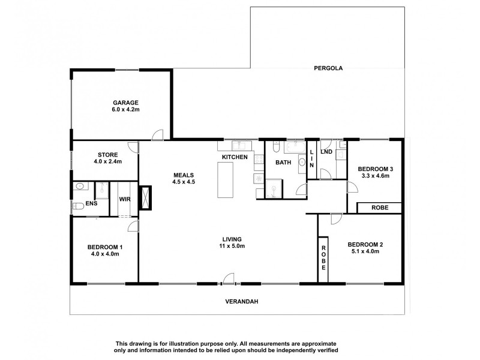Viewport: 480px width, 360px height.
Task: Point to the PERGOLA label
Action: [x=328, y=68]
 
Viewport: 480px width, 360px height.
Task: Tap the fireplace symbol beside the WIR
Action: [x=145, y=197]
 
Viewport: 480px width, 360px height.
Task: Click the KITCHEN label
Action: [x=235, y=157]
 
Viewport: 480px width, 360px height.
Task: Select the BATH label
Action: [x=283, y=163]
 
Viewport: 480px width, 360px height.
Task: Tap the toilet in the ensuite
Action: [x=78, y=206]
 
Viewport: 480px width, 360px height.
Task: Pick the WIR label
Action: [x=125, y=199]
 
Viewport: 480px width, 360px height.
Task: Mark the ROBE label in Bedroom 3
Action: [x=379, y=208]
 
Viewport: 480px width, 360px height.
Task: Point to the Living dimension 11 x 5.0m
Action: [x=231, y=246]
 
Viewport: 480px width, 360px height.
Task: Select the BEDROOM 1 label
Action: [x=105, y=247]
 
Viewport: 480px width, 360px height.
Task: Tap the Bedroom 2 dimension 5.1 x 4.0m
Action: [x=365, y=251]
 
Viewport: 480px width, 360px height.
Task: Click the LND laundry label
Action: [x=326, y=152]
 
